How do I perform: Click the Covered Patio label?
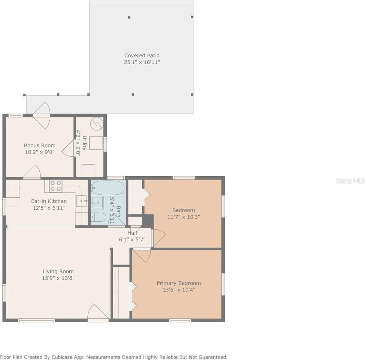pyautogui.click(x=142, y=55)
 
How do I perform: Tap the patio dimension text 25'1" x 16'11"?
pyautogui.click(x=142, y=62)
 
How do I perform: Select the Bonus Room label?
pyautogui.click(x=40, y=145)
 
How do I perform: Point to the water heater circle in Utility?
pyautogui.click(x=97, y=123)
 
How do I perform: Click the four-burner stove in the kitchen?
pyautogui.click(x=56, y=186)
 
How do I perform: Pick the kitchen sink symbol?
pyautogui.click(x=81, y=202)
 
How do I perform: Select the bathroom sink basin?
pyautogui.click(x=98, y=202)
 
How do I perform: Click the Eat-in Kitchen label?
pyautogui.click(x=49, y=201)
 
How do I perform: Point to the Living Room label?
pyautogui.click(x=58, y=271)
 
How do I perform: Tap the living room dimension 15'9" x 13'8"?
pyautogui.click(x=58, y=278)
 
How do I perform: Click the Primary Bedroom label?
pyautogui.click(x=179, y=283)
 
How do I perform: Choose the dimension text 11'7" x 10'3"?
pyautogui.click(x=184, y=217)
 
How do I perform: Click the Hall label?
pyautogui.click(x=132, y=233)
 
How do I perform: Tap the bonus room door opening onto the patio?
pyautogui.click(x=41, y=109)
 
